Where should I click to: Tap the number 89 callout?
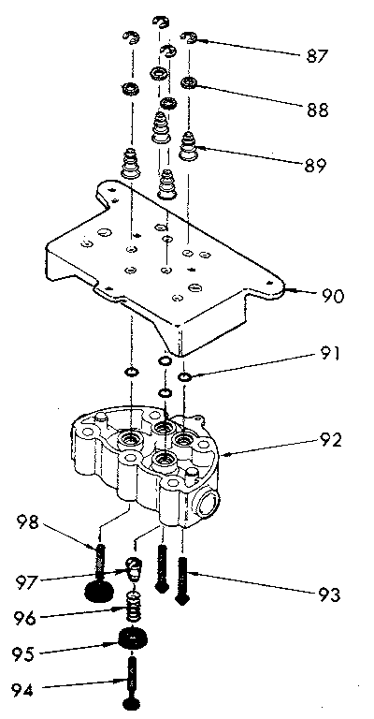tap(315, 166)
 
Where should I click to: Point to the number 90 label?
tap(332, 297)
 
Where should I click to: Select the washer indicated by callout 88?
tap(191, 83)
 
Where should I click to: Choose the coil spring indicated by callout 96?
tap(134, 613)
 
